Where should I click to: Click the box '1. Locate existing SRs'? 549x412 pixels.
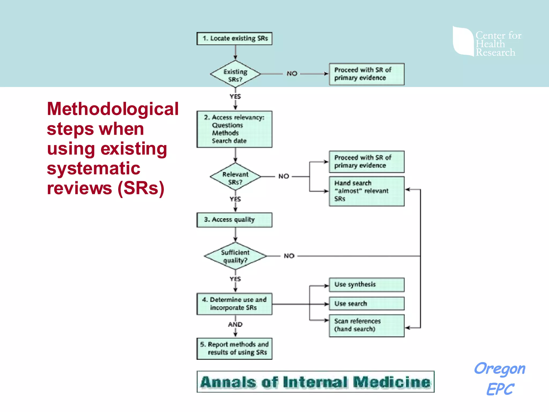(x=234, y=39)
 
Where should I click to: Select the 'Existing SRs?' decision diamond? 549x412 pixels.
(x=235, y=74)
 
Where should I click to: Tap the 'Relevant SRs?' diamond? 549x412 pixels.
(x=235, y=177)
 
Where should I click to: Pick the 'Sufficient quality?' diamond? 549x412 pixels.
(x=235, y=256)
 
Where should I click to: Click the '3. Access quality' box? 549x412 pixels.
(x=234, y=220)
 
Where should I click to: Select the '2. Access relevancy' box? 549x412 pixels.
(x=234, y=129)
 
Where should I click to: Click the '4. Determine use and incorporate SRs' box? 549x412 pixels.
(x=234, y=304)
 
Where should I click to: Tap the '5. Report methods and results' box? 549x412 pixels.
(x=234, y=348)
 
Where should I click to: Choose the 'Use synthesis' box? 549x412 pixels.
(x=366, y=285)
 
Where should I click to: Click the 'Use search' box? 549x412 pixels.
(x=366, y=304)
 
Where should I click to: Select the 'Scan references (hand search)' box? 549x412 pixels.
(x=366, y=325)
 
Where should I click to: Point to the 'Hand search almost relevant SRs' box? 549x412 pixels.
(x=366, y=191)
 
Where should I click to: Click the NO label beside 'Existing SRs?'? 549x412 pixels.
(x=292, y=73)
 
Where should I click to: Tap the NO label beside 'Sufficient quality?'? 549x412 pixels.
(x=289, y=256)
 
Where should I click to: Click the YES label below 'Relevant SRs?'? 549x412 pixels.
(x=235, y=199)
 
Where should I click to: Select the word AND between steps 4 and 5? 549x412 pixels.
(x=235, y=325)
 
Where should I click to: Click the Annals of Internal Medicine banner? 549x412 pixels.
(x=316, y=382)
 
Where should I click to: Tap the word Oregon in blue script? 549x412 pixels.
(x=499, y=369)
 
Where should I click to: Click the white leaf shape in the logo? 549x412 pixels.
(x=463, y=41)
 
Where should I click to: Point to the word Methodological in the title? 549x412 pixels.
(x=113, y=109)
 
